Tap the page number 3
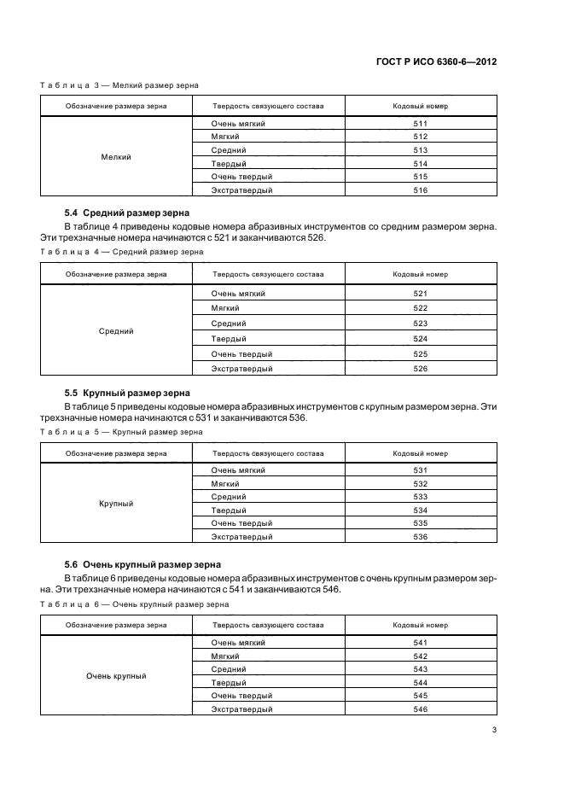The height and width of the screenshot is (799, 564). [x=494, y=729]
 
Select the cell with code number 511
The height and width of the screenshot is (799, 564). [x=419, y=124]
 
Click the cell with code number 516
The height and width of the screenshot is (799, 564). [x=419, y=190]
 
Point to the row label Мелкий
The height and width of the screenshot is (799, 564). [x=115, y=157]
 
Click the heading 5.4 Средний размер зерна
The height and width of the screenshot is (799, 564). [x=127, y=213]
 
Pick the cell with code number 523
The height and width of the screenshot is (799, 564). [x=419, y=324]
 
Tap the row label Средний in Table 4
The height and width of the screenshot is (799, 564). [x=115, y=331]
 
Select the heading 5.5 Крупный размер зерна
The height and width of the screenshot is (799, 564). [x=127, y=393]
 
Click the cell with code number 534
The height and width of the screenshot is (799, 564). [x=419, y=510]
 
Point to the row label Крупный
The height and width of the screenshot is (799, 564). [x=115, y=504]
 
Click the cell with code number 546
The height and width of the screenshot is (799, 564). [x=419, y=709]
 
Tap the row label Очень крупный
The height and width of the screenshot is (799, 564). [x=115, y=676]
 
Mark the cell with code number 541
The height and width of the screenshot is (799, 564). [x=419, y=643]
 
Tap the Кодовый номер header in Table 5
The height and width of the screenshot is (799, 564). [x=419, y=453]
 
